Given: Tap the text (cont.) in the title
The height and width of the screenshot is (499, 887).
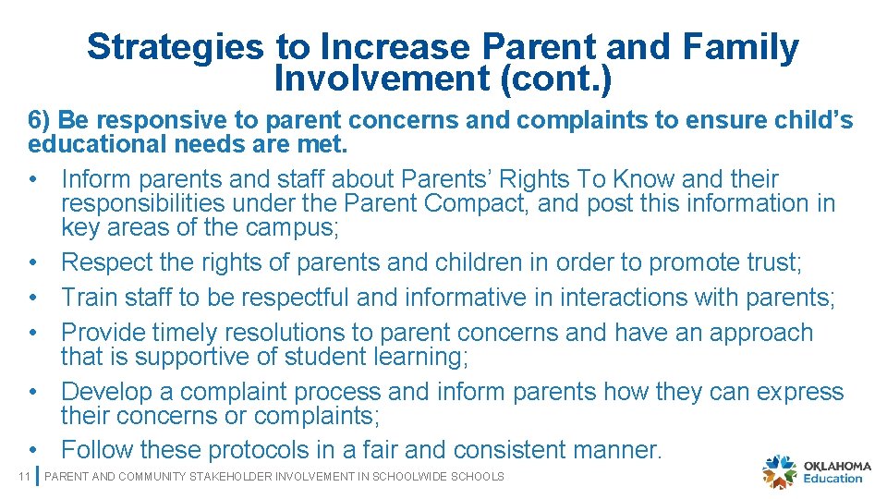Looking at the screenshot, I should coord(557,79).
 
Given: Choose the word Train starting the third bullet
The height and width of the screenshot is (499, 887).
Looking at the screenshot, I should coord(88,298).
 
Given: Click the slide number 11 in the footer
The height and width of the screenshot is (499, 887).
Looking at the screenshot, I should coord(25,477).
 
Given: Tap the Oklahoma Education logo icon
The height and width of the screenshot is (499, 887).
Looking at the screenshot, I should coord(779,471).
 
